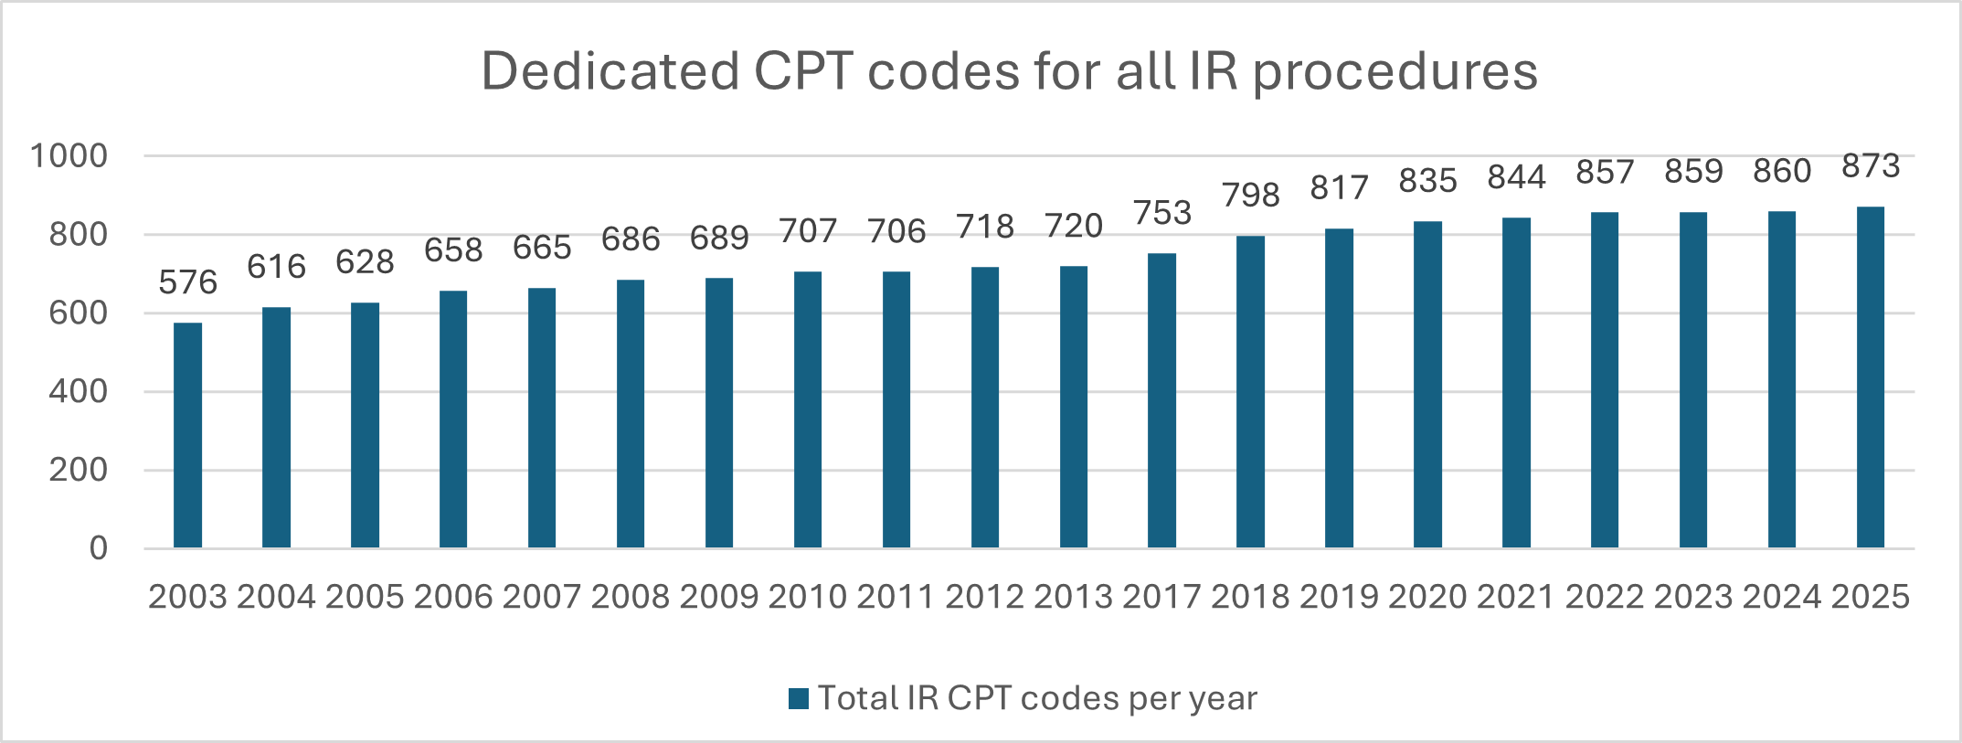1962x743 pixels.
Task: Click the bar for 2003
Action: tap(187, 435)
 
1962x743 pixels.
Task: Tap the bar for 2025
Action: tap(1870, 377)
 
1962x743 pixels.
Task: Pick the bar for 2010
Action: tap(808, 409)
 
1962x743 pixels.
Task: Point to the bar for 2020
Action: tap(1427, 384)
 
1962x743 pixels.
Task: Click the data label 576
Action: tap(187, 282)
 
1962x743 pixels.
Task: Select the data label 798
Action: tap(1251, 195)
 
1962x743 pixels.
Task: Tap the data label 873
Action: tap(1871, 165)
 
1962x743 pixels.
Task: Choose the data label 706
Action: tap(896, 231)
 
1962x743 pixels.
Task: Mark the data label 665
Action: tap(542, 248)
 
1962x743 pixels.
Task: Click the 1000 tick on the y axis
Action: tap(69, 156)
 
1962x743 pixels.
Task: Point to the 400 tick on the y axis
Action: tap(79, 391)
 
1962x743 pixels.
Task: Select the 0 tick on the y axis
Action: tap(98, 548)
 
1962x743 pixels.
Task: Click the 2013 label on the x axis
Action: tap(1073, 597)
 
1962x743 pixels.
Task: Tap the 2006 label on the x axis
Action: tap(453, 597)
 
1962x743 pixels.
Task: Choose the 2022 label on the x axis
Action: tap(1605, 597)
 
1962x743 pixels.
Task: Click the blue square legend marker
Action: tap(799, 699)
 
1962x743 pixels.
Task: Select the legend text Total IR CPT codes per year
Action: tap(1037, 698)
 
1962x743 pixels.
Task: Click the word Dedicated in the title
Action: tap(610, 71)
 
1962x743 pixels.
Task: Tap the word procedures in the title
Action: tap(1395, 73)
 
